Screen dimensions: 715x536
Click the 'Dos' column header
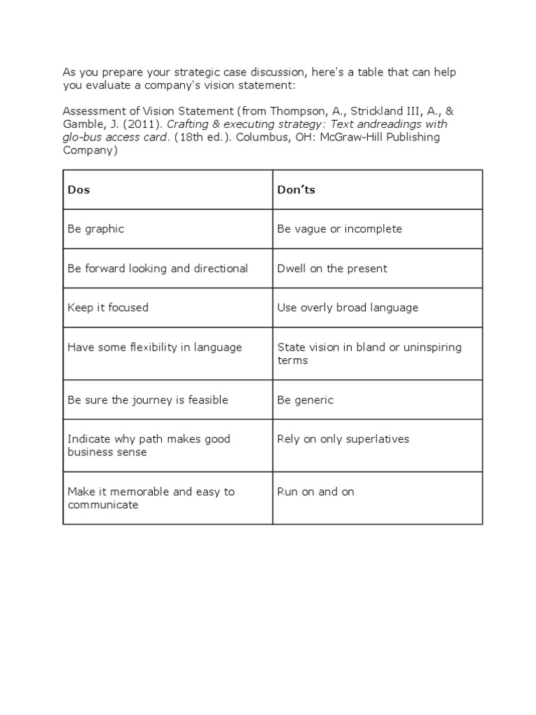click(79, 189)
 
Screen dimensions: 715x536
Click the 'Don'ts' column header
click(296, 189)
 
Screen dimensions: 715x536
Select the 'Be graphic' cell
click(96, 229)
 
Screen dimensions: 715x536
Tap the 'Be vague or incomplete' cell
click(339, 229)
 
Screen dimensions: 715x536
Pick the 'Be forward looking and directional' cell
click(158, 268)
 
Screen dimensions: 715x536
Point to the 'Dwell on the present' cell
click(332, 268)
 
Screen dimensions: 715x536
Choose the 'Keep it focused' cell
click(108, 307)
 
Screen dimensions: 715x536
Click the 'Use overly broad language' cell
click(348, 307)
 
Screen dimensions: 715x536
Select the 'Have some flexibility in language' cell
click(155, 347)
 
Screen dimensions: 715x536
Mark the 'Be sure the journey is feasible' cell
click(148, 399)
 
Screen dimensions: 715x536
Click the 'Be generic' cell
click(306, 399)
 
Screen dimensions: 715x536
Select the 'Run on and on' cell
click(315, 492)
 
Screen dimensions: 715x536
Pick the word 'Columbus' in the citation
click(258, 137)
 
